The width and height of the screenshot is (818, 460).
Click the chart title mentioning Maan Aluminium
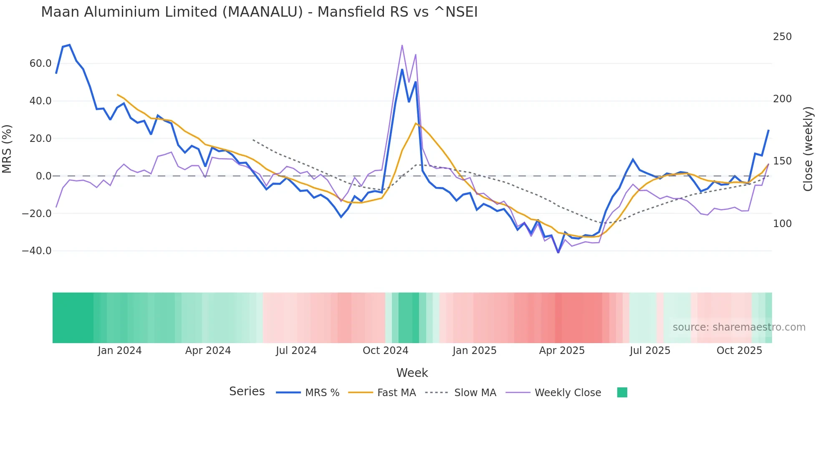(259, 12)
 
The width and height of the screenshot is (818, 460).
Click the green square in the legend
(622, 392)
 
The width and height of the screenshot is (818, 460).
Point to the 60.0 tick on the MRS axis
(40, 63)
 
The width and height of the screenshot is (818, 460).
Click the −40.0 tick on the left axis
(37, 251)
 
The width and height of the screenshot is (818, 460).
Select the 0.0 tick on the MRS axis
(44, 176)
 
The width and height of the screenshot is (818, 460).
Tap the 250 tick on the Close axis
(782, 37)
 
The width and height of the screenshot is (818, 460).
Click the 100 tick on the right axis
(782, 224)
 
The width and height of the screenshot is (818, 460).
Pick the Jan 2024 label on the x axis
(120, 351)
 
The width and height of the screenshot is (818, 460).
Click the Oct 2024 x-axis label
(385, 351)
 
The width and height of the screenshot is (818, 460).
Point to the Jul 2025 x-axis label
(650, 351)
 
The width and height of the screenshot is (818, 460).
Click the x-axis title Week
(412, 373)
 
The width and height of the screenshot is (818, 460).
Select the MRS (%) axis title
(7, 149)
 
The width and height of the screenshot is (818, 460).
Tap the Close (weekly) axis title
(808, 149)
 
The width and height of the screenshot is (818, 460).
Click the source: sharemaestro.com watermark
(739, 327)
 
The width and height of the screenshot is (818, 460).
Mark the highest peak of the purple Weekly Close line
(402, 45)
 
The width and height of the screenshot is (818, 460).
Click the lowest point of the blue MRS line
(558, 253)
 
